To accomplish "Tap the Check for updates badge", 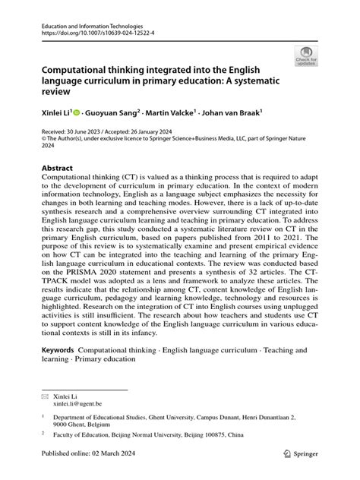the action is [306, 55].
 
